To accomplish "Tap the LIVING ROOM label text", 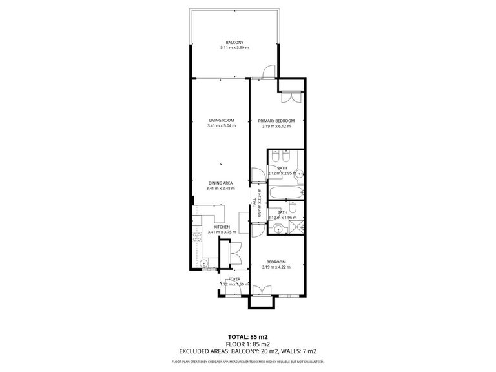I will pos(221,120).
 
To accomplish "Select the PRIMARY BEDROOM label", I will pos(276,121).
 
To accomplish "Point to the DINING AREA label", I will pos(220,183).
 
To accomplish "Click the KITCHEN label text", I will pos(222,227).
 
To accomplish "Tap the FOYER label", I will pos(234,279).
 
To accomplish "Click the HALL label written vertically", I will pos(254,201).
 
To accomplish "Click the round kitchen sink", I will pos(204,263).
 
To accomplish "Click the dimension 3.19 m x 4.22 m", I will pos(276,267).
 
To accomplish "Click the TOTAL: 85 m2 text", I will pos(247,336).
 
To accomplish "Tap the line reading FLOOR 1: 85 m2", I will pos(247,344).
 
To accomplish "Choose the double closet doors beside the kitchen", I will pos(235,252).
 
